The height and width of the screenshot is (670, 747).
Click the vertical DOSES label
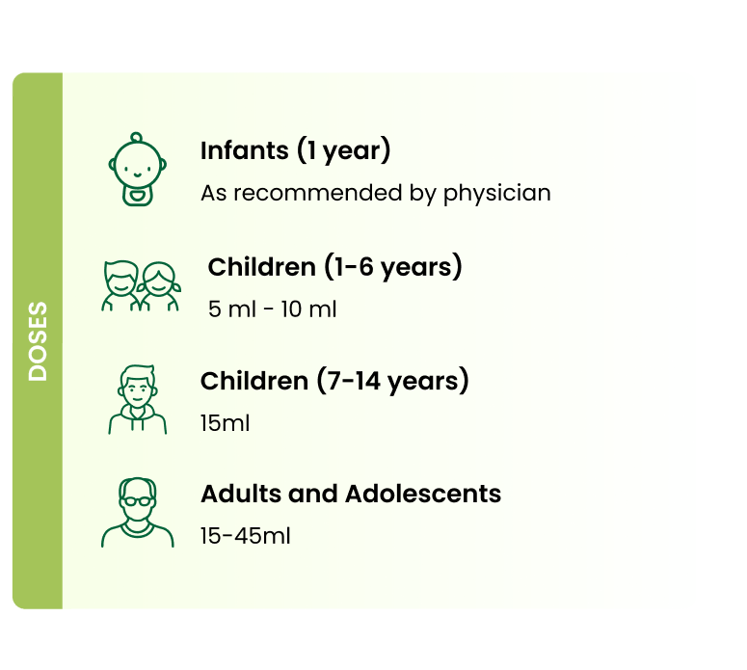coord(38,341)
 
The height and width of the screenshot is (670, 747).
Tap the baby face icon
coord(137,169)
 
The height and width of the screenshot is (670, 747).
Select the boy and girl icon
coord(141,286)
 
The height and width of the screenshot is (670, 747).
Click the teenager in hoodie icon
coord(137,399)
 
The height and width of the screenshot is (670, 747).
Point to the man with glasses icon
coord(137,512)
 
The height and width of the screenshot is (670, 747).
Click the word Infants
coord(245,150)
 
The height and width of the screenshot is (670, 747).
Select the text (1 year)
coord(343,150)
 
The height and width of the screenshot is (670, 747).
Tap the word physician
coord(497,194)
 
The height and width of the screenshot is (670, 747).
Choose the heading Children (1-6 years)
coord(334,266)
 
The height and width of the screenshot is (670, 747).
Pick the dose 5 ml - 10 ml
coord(272,308)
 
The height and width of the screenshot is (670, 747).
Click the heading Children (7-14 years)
coord(334,381)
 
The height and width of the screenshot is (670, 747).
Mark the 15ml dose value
coord(225,423)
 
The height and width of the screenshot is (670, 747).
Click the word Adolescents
coord(423,494)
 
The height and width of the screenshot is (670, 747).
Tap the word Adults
coord(242,494)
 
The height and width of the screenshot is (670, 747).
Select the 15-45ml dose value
coord(246,536)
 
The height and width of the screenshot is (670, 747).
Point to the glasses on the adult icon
coord(137,501)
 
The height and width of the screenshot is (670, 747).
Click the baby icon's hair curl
coord(136,138)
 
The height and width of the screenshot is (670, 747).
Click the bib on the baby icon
coord(137,196)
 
